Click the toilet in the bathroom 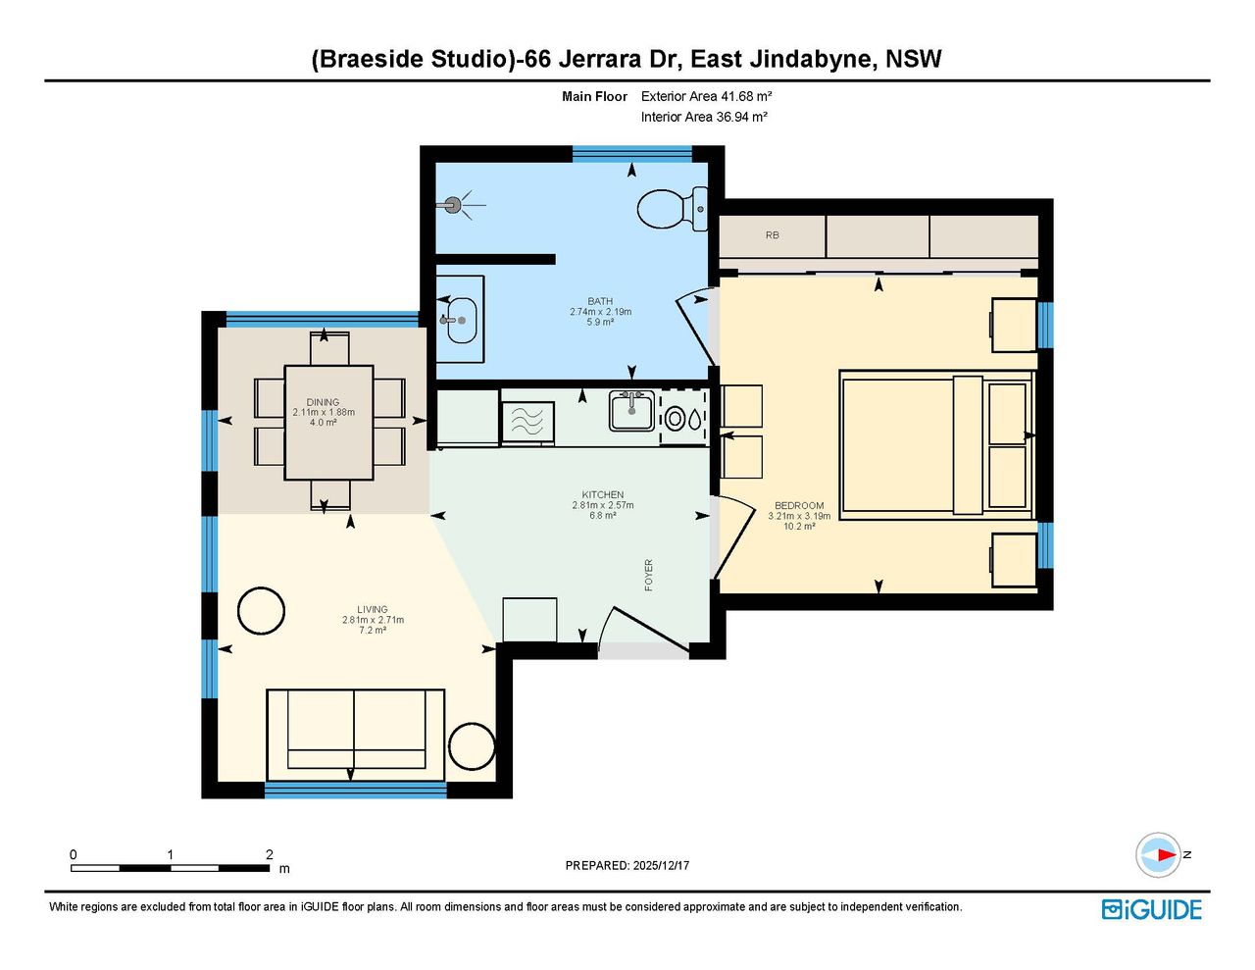click(x=672, y=209)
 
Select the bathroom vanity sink click(x=462, y=320)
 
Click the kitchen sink click(x=631, y=411)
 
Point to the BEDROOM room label click(x=799, y=505)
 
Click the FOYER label click(x=649, y=575)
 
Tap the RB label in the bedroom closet click(x=773, y=235)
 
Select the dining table click(x=328, y=423)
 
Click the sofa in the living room click(x=356, y=735)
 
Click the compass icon click(x=1158, y=854)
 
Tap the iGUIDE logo click(x=1152, y=909)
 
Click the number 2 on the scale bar click(x=269, y=854)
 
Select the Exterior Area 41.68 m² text click(x=706, y=96)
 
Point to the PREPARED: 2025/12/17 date click(x=627, y=865)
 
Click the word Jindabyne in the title click(x=814, y=59)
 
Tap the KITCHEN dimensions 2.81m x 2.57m click(x=603, y=505)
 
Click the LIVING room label click(x=373, y=609)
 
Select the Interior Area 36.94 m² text click(x=704, y=118)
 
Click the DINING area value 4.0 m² click(x=324, y=423)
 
